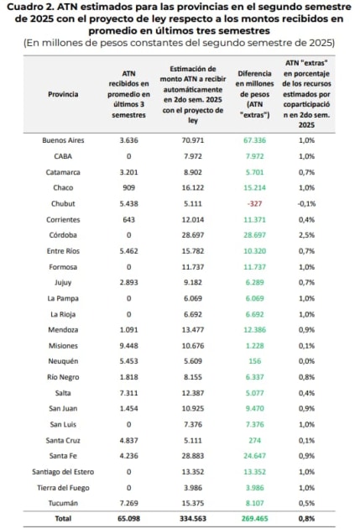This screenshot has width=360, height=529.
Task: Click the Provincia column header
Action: pos(63,94)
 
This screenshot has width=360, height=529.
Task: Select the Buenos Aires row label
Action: pos(63,140)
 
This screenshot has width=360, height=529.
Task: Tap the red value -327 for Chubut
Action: pos(254,204)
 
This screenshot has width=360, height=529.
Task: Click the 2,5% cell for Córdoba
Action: pos(306,235)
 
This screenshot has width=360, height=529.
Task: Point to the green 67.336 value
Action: pos(254,140)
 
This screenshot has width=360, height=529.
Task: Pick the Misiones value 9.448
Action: pos(128,346)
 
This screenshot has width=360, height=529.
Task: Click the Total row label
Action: pos(63,519)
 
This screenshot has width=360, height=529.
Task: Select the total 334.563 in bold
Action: pos(193,519)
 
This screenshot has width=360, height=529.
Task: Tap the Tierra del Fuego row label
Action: pos(63,488)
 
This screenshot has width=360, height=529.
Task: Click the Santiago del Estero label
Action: pos(63,472)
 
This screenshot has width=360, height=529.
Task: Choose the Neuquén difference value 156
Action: pos(254,361)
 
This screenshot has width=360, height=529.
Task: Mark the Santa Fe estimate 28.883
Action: pos(193,456)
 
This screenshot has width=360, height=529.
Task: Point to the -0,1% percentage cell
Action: pos(306,204)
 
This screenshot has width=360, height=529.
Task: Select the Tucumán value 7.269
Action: pos(128,503)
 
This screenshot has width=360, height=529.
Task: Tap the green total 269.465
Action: pos(254,519)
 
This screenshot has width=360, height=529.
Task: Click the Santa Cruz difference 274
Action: pos(254,441)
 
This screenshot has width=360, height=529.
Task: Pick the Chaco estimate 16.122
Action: pos(193,188)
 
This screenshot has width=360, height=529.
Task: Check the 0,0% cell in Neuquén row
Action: pos(306,361)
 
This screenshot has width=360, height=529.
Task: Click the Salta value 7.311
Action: pos(128,393)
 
